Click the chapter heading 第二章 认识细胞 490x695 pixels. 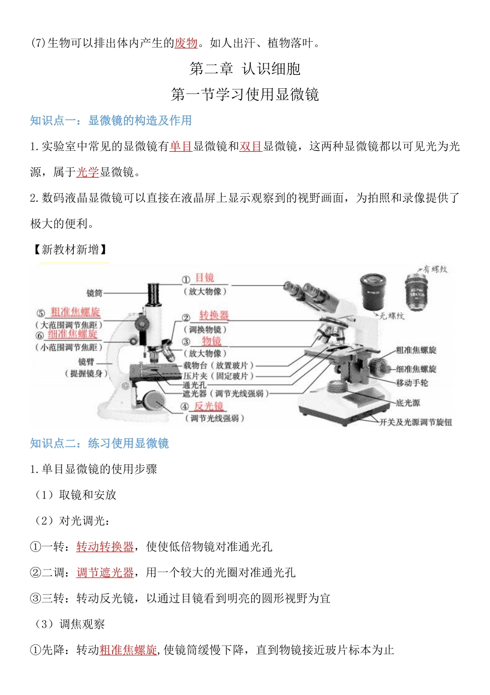point(245,69)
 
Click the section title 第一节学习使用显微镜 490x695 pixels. point(245,94)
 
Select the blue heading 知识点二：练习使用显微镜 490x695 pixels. point(100,444)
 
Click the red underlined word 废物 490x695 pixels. point(186,43)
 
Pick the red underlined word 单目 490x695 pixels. point(181,146)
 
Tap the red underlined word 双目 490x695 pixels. point(251,146)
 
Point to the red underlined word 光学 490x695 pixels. point(88,172)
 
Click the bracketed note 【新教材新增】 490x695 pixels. point(70,250)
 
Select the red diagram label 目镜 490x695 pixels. point(204,278)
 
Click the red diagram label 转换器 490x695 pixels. point(214,315)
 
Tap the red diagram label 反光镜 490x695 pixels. point(208,406)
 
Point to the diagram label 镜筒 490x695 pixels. point(94,293)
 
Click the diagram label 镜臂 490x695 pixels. point(87,362)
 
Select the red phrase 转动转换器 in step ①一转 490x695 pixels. point(105,547)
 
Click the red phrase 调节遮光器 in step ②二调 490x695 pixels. point(105,573)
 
